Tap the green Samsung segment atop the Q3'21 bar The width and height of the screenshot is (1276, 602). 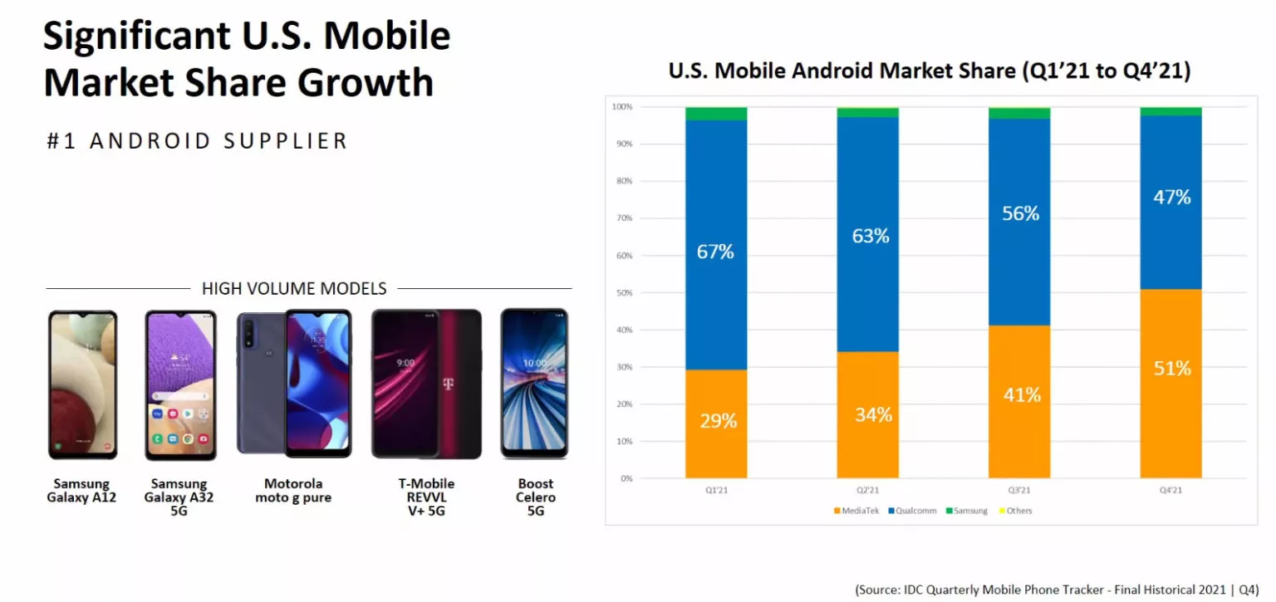tap(1019, 113)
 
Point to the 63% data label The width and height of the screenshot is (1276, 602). tap(870, 236)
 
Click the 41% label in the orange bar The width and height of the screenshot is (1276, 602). tap(1021, 395)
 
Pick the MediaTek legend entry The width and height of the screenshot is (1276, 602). tap(856, 511)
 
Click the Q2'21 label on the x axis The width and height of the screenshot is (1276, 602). tap(867, 491)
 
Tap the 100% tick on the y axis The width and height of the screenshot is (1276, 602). tap(621, 107)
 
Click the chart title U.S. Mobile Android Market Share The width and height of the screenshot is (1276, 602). tap(930, 71)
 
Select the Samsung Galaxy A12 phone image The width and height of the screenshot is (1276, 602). tap(82, 385)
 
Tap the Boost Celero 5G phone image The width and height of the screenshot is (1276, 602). tap(534, 384)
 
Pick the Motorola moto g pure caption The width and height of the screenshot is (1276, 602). tap(293, 491)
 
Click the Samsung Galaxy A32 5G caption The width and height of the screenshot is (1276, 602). tap(179, 497)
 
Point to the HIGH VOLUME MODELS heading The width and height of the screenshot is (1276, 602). tap(294, 289)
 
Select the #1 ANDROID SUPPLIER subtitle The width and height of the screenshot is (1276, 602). tap(197, 141)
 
